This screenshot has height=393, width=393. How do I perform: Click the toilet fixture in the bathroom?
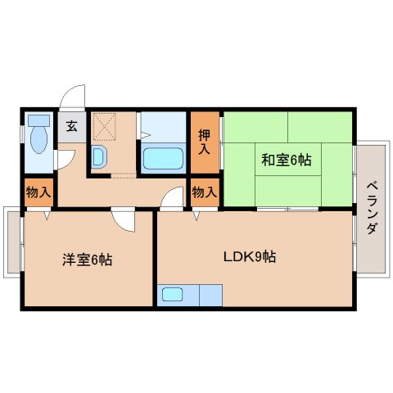tap(38, 140)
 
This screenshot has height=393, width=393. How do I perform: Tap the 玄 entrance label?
tap(71, 125)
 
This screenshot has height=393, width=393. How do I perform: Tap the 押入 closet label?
tap(205, 141)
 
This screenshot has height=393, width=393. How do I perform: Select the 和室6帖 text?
tap(287, 160)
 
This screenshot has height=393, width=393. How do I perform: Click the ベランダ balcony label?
tap(371, 207)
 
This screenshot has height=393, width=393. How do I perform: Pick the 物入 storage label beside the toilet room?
tap(38, 193)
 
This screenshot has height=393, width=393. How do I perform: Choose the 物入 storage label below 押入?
tap(205, 193)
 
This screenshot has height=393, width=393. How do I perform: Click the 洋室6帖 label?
tap(87, 260)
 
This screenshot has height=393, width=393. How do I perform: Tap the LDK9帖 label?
tap(250, 256)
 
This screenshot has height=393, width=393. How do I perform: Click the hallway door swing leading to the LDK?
tap(172, 199)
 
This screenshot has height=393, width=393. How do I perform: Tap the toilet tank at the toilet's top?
tap(38, 120)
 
